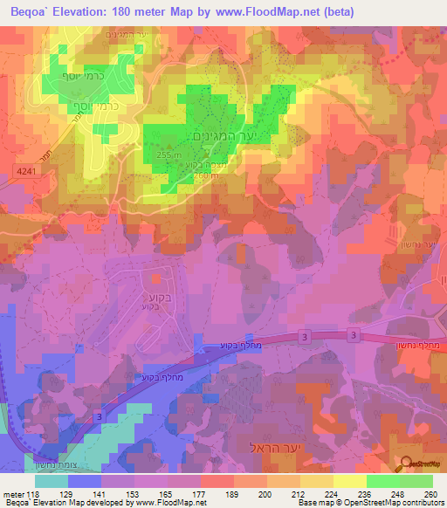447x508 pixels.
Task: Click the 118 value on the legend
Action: [32, 493]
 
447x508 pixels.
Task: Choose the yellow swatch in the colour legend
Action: [348, 481]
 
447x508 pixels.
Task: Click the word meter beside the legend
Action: [12, 493]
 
